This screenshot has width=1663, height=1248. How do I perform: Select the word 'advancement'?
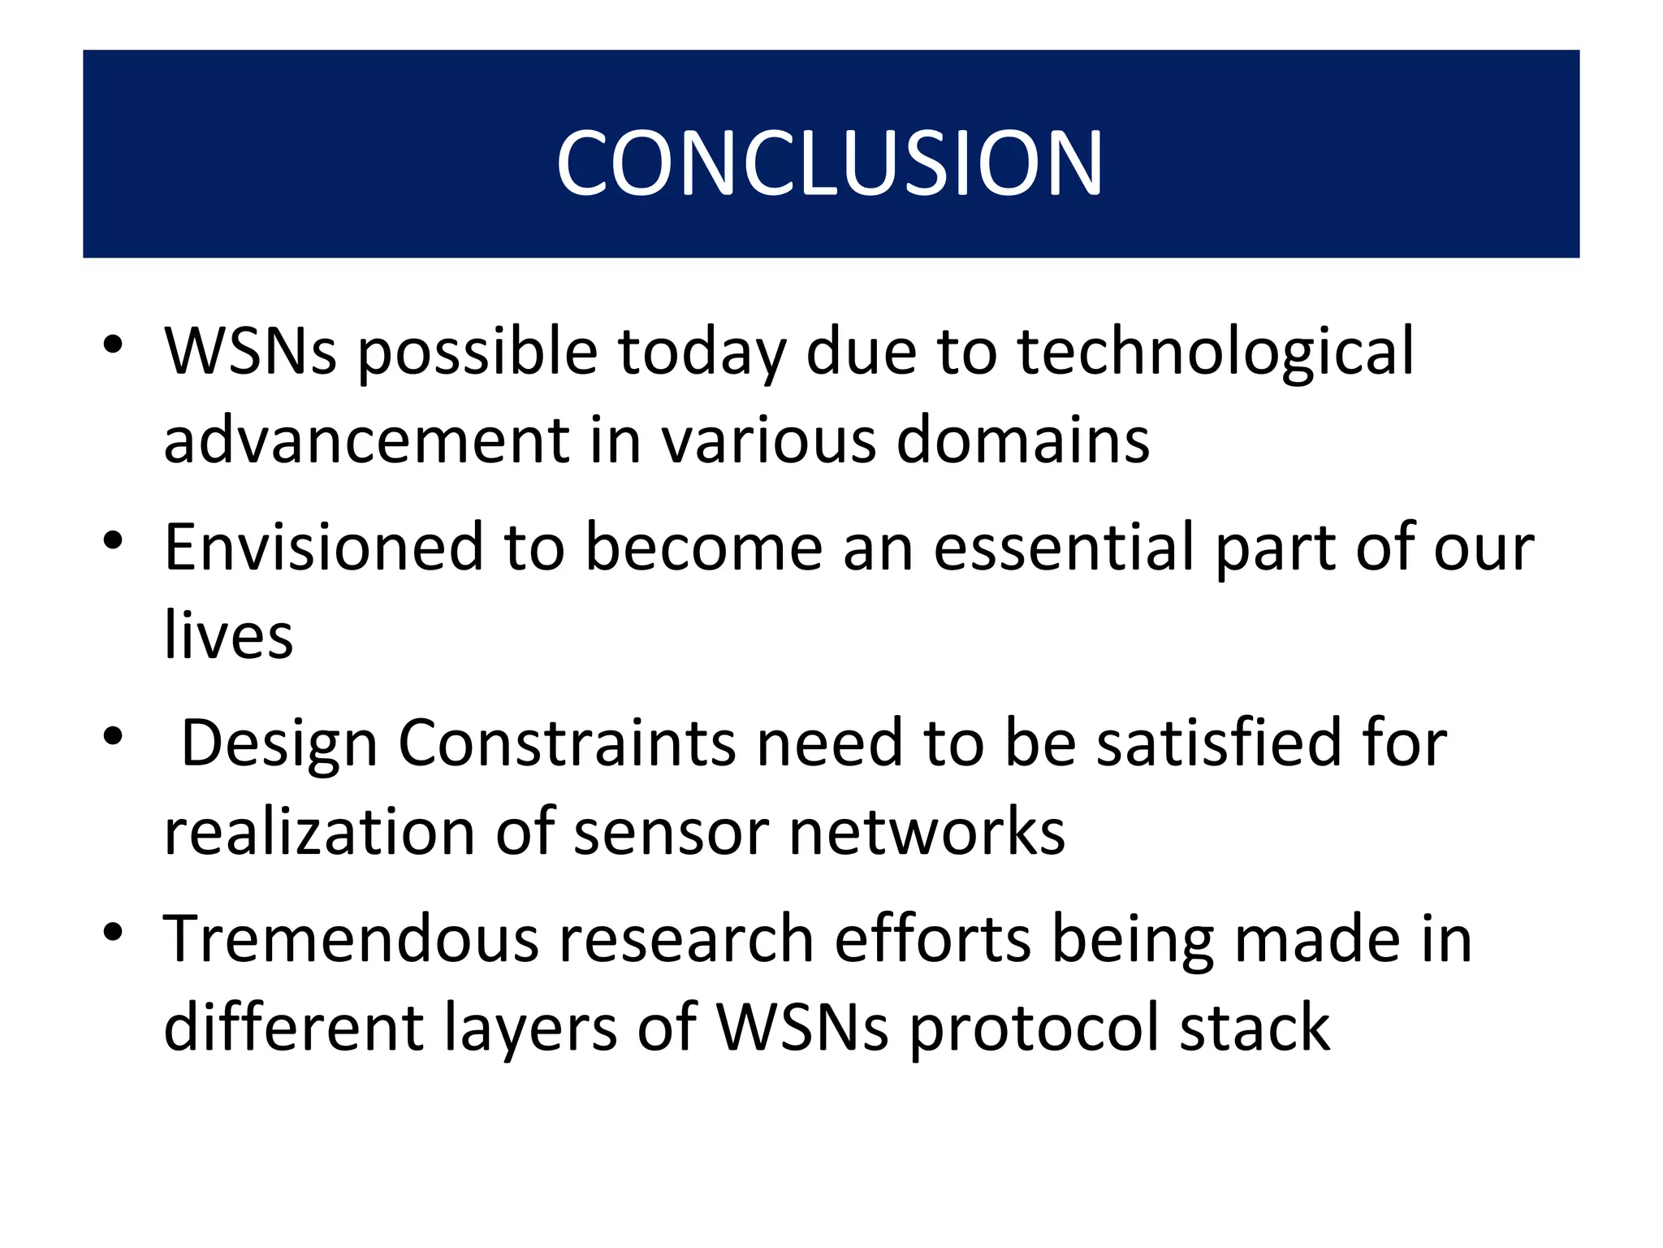tap(367, 440)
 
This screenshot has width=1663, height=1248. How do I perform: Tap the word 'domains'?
tap(1023, 440)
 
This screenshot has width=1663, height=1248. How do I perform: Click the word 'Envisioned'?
tap(323, 548)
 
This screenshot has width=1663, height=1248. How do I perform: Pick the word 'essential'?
tap(1064, 548)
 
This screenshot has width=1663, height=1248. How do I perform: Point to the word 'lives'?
tap(228, 636)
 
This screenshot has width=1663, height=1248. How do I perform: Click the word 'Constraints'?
tap(567, 744)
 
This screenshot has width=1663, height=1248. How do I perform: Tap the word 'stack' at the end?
tap(1255, 1028)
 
